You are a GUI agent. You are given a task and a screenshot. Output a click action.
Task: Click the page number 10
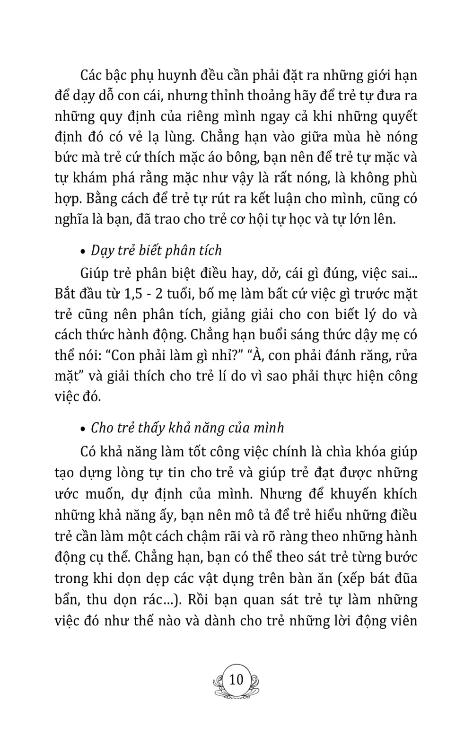pyautogui.click(x=236, y=679)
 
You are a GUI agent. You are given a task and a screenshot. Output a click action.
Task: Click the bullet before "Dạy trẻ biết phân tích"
pyautogui.click(x=84, y=252)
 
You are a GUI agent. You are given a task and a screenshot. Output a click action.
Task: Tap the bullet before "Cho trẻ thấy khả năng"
pyautogui.click(x=84, y=429)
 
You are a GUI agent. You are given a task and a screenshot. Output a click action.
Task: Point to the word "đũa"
pyautogui.click(x=405, y=578)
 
